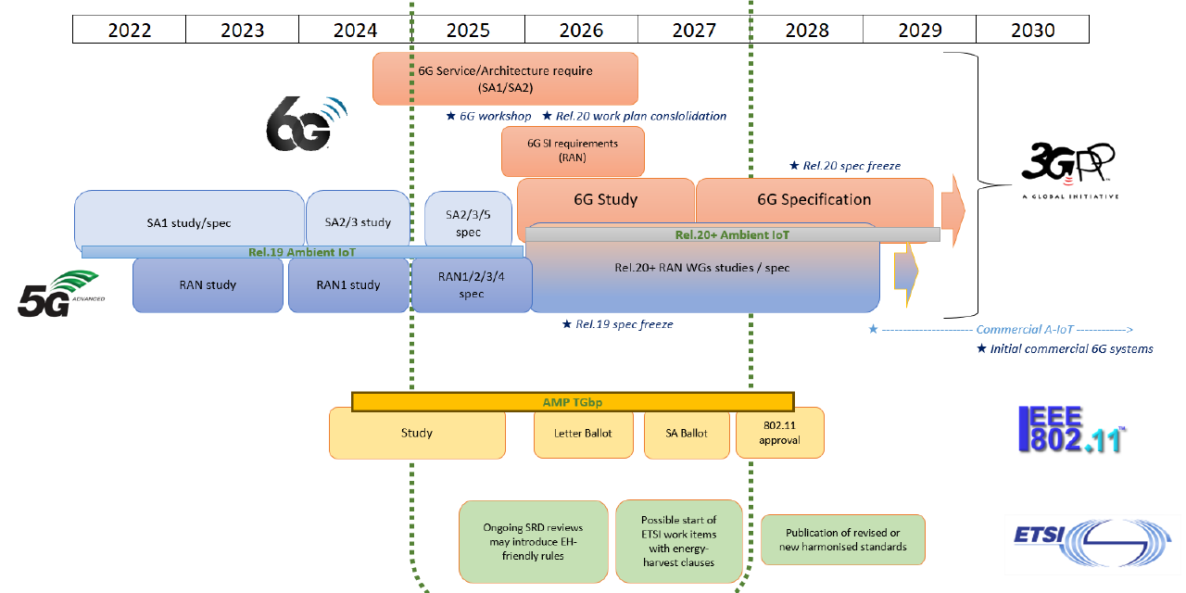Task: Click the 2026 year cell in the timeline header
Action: (581, 30)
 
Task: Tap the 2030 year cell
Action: (1032, 30)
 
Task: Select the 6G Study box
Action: (606, 200)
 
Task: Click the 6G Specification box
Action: (814, 200)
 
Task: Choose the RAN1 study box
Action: (348, 284)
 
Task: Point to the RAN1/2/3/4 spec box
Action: (472, 284)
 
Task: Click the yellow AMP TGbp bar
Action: (573, 402)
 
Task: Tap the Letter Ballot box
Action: (583, 434)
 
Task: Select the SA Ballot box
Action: (687, 434)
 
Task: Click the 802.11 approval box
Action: (780, 434)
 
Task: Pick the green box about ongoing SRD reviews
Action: (533, 542)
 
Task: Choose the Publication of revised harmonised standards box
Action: (843, 539)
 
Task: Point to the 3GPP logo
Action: (1069, 170)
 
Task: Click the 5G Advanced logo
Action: (59, 294)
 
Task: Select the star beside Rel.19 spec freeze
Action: (567, 323)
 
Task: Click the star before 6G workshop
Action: (450, 116)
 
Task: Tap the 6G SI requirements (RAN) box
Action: (573, 151)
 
